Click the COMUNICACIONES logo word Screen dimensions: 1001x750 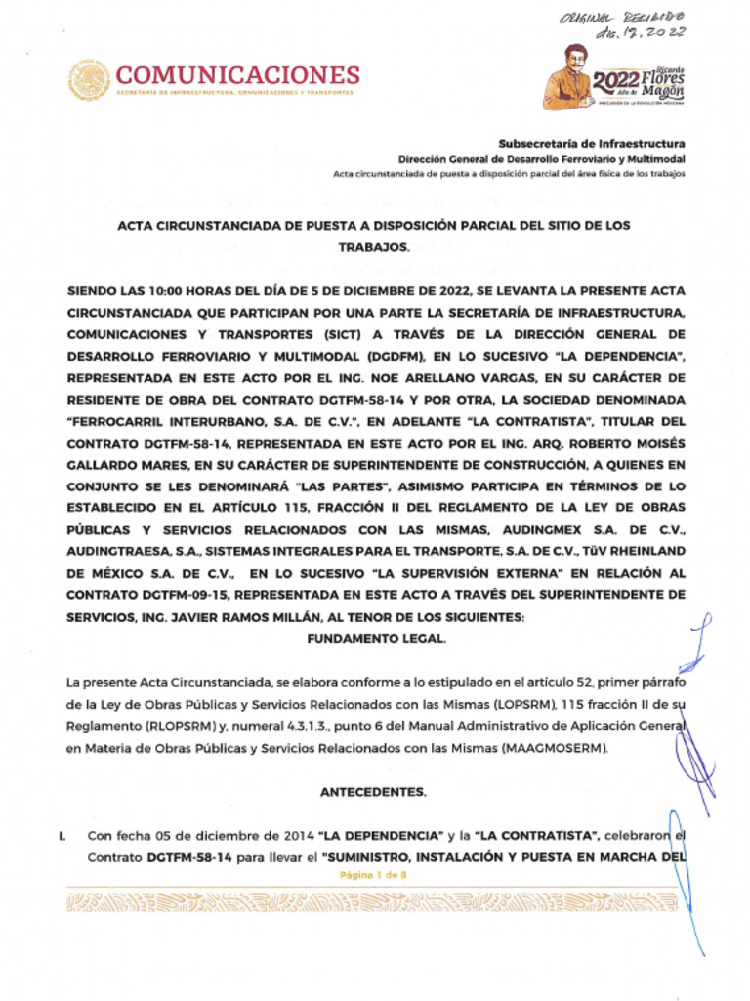click(x=237, y=74)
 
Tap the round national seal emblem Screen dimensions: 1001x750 click(x=89, y=79)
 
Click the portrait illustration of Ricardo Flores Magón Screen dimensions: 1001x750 click(x=569, y=78)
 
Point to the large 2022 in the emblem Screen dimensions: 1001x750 click(x=615, y=80)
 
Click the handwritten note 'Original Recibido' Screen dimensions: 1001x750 click(x=621, y=18)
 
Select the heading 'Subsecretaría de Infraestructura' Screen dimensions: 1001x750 click(x=592, y=143)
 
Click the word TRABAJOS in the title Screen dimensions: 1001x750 click(x=374, y=248)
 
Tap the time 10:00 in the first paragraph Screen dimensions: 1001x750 click(x=172, y=291)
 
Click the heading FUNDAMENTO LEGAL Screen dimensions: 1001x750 click(x=376, y=638)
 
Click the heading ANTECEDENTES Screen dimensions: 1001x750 click(x=373, y=792)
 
